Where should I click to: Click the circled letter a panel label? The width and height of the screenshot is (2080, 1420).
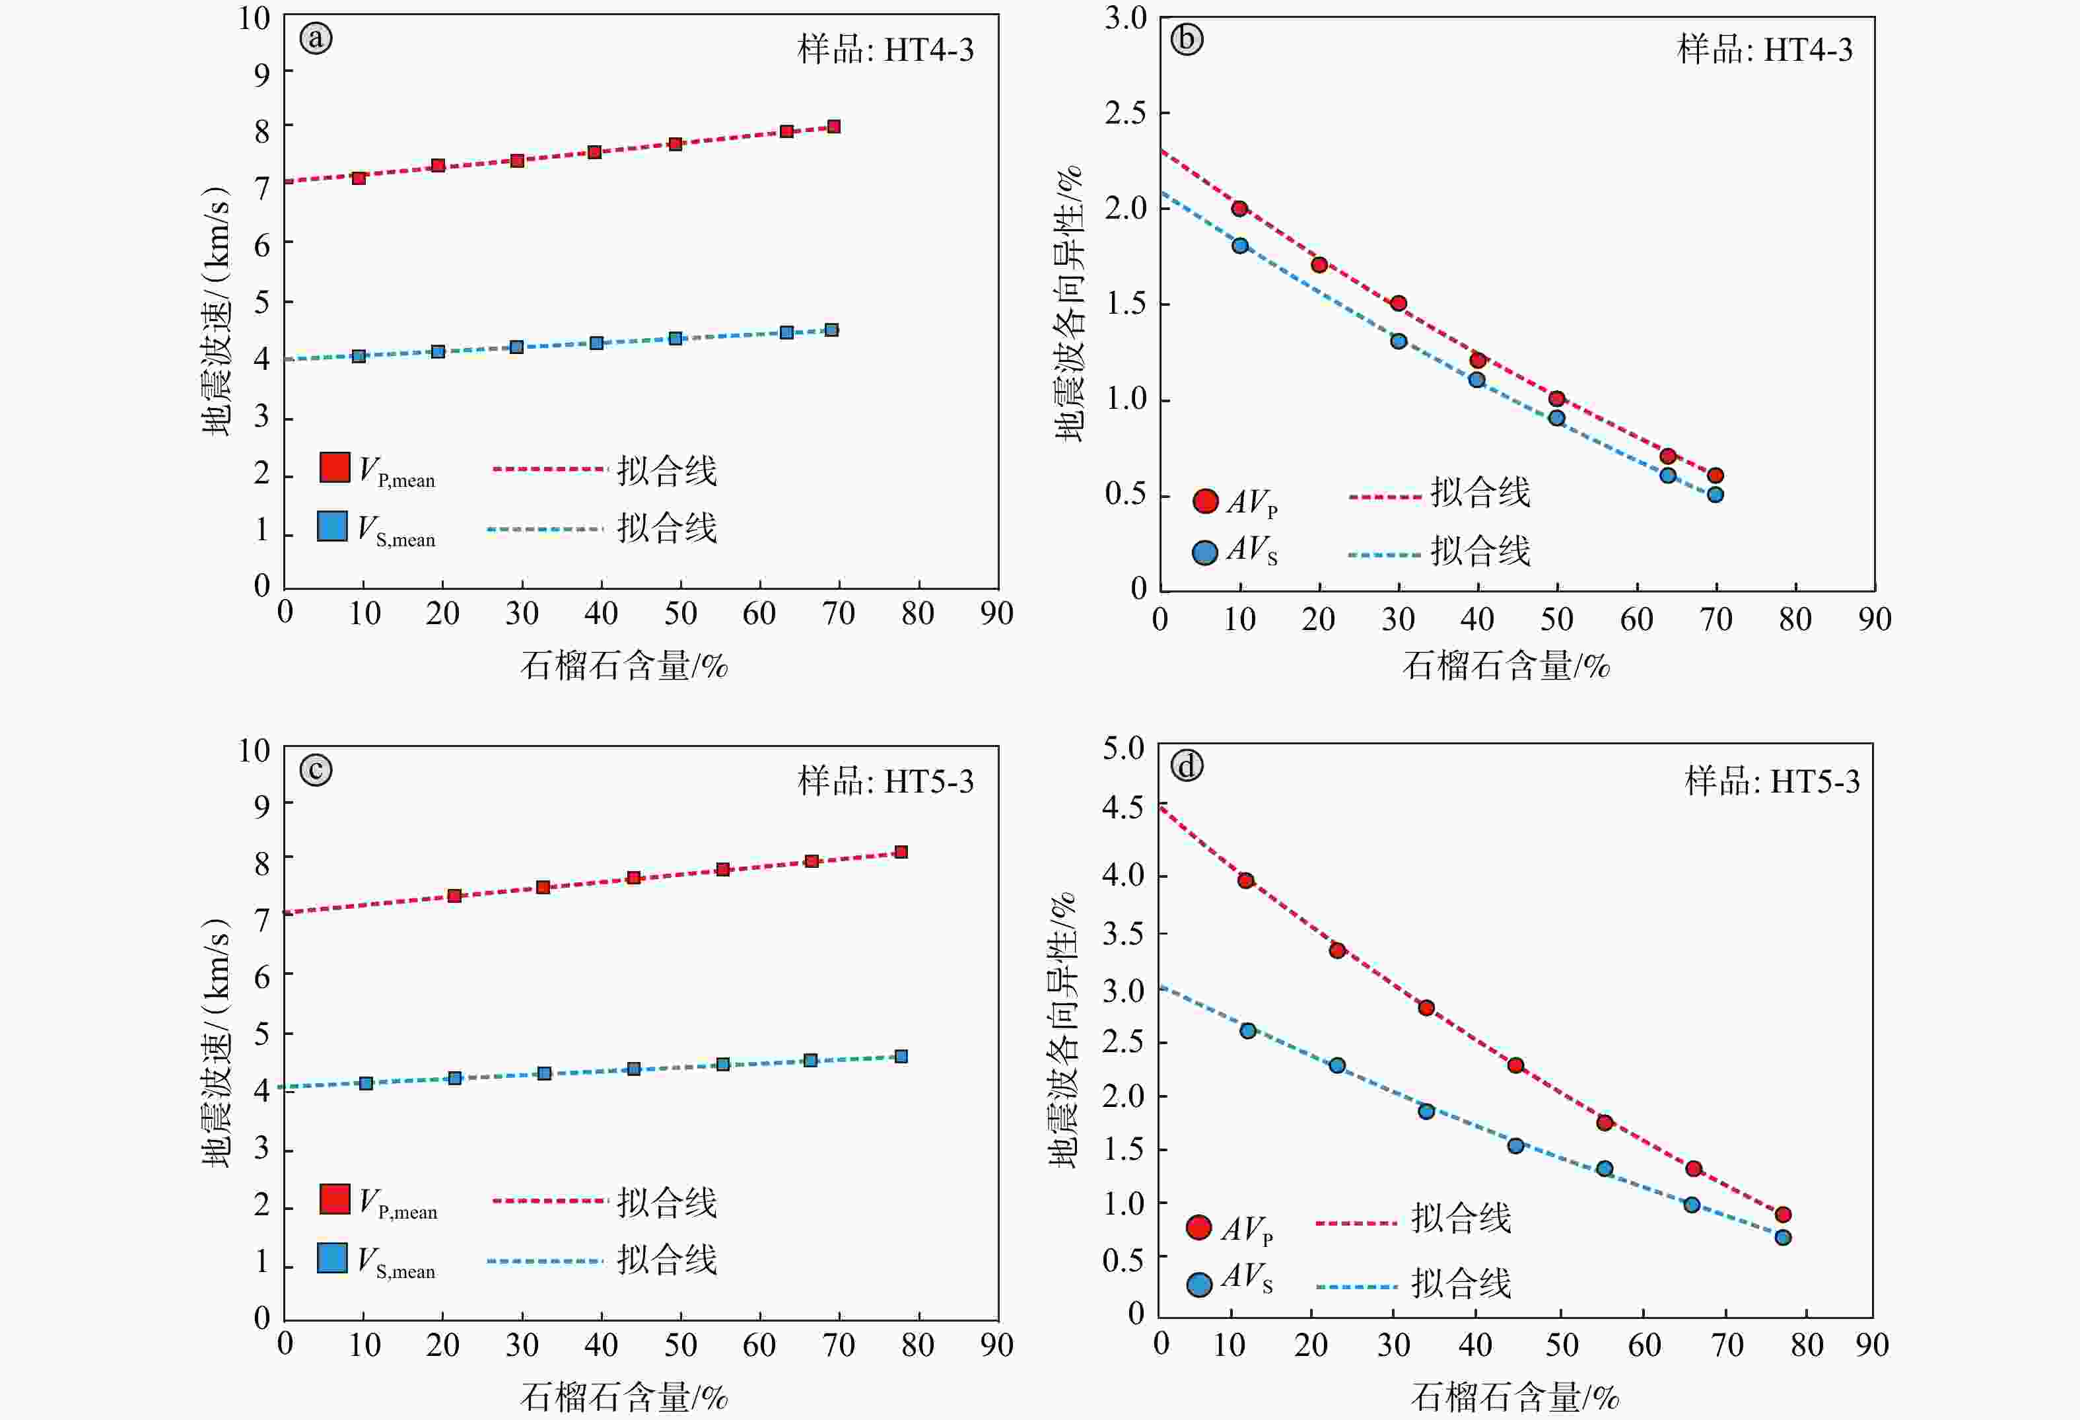(316, 38)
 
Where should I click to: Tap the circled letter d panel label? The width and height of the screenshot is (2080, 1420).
(1187, 766)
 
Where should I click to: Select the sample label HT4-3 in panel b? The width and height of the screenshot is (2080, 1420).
(1764, 50)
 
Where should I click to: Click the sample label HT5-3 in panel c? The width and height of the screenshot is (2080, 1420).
(885, 781)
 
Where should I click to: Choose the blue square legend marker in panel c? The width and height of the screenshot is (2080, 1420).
(332, 1257)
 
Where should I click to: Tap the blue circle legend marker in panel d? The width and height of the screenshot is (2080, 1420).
(1199, 1285)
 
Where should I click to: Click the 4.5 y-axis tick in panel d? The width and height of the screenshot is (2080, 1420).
(1123, 808)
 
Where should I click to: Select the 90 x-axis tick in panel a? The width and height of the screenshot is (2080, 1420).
(996, 614)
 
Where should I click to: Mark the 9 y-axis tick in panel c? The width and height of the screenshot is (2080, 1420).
(261, 806)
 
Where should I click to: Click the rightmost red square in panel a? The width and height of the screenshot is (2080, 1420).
(833, 127)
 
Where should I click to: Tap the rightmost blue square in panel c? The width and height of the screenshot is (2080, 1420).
(901, 1057)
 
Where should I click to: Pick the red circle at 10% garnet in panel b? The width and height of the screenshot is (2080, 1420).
(1239, 209)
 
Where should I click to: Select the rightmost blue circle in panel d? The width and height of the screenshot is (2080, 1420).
(1783, 1237)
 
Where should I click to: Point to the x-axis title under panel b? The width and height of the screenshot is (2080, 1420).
(1506, 666)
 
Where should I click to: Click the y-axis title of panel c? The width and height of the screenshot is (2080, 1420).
(216, 1042)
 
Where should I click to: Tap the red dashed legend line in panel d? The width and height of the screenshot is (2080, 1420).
(1356, 1222)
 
